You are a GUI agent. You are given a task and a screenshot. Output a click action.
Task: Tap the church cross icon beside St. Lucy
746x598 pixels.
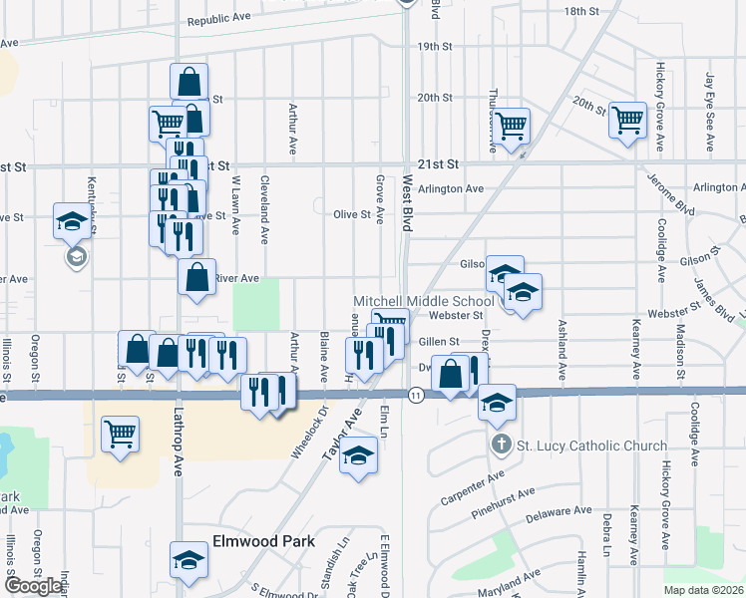click(x=502, y=445)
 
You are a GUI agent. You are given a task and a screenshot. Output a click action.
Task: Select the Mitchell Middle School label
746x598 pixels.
click(x=424, y=301)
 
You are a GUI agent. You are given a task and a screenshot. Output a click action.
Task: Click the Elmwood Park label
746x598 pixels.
click(x=263, y=542)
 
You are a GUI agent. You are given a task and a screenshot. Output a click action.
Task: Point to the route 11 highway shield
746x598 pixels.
click(x=415, y=396)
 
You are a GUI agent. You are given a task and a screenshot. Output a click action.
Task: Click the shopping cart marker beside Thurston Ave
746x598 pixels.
click(x=511, y=127)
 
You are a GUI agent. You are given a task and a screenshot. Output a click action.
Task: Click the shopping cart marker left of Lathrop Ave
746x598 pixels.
click(x=120, y=436)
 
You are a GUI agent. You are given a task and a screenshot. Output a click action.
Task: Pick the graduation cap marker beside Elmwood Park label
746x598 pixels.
click(x=187, y=561)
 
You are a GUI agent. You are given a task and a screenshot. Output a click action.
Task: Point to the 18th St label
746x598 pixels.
click(x=579, y=11)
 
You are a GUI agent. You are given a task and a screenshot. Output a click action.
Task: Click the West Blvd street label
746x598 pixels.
click(x=408, y=204)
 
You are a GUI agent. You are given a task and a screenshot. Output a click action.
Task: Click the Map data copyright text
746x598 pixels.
click(x=704, y=590)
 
